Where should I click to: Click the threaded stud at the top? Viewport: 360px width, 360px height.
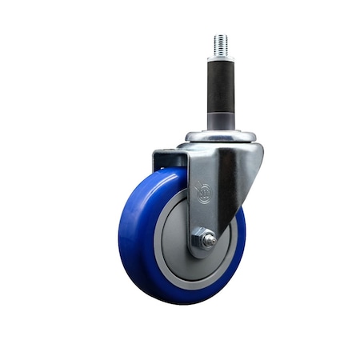pyautogui.click(x=221, y=45)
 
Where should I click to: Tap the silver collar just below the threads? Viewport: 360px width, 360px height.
pyautogui.click(x=221, y=58)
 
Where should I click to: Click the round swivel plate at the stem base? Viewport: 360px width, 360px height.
pyautogui.click(x=221, y=136)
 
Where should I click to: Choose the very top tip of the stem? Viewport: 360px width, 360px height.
pyautogui.click(x=221, y=34)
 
